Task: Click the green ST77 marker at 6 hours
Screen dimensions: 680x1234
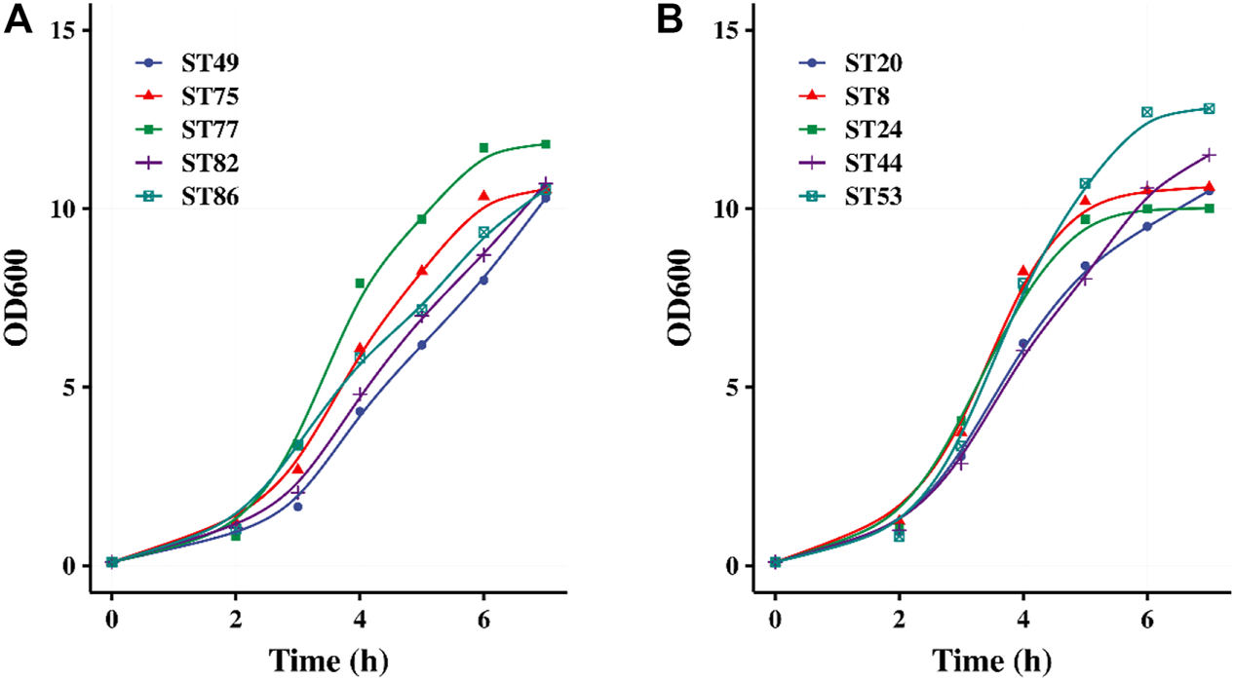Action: point(483,148)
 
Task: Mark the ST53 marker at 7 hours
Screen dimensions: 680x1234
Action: point(1209,108)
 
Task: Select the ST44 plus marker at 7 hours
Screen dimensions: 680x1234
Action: point(1209,155)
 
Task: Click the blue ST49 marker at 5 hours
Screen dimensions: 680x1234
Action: point(421,345)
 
